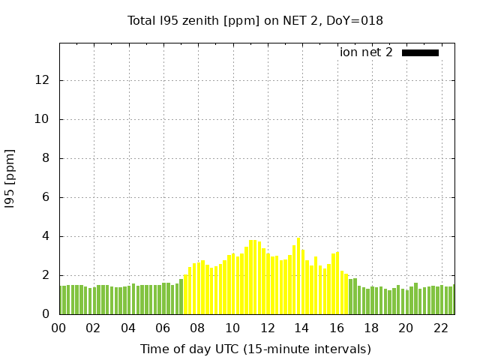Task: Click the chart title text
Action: coord(255,21)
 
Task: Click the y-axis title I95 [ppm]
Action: coord(10,178)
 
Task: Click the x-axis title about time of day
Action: coord(256,349)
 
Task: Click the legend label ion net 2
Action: coord(366,52)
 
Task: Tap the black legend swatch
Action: coord(420,52)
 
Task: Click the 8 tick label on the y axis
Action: coord(48,158)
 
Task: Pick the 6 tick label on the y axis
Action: coord(48,197)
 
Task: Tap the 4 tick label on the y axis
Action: coord(48,236)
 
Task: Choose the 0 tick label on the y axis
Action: coord(48,314)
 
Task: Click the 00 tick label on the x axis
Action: coord(59,328)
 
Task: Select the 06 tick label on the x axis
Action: coord(163,328)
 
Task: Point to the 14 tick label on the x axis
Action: coord(301,328)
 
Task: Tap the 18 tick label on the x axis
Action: coord(371,328)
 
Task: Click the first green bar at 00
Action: coord(61,300)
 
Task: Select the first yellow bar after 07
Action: coord(186,294)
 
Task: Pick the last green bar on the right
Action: coord(453,300)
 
